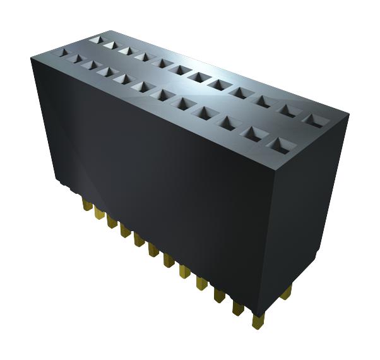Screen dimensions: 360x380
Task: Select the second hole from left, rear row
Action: (x=110, y=45)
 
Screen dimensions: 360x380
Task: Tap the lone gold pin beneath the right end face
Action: (x=289, y=292)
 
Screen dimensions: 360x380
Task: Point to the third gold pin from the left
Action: (x=110, y=222)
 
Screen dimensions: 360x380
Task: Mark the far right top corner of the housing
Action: (x=348, y=116)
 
